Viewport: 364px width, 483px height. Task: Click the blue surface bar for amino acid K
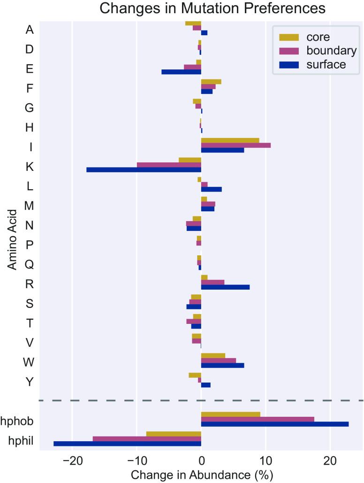[144, 169]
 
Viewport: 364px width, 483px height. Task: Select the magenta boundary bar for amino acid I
[235, 145]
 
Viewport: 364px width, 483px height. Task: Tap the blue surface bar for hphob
[274, 424]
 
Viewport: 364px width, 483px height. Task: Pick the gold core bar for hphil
[174, 434]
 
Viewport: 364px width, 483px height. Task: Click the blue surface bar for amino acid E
[181, 72]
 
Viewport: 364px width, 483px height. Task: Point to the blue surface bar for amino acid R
[225, 287]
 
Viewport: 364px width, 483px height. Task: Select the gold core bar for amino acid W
[213, 355]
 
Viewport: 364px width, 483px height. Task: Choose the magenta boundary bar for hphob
[258, 419]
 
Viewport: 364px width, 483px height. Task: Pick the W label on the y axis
[29, 362]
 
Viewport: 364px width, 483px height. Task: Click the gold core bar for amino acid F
[211, 82]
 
